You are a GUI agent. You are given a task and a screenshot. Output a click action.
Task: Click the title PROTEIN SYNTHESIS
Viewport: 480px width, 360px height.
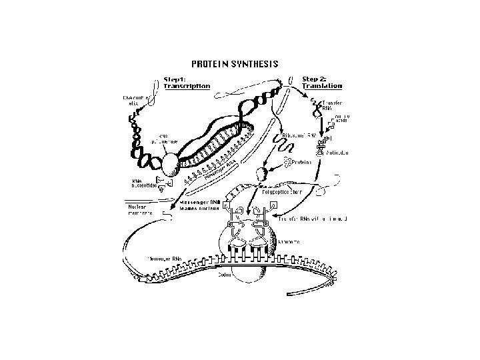(235, 65)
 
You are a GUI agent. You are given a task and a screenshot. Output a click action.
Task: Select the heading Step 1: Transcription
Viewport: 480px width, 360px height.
(187, 82)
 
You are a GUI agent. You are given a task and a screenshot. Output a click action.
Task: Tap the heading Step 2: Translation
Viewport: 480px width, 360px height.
(322, 82)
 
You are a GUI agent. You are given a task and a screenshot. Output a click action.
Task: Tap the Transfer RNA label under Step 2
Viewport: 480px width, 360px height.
(332, 106)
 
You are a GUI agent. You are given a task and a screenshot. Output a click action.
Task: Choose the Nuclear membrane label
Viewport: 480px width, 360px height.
(141, 209)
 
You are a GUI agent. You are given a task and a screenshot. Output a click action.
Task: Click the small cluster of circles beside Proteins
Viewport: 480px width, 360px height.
(288, 161)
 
